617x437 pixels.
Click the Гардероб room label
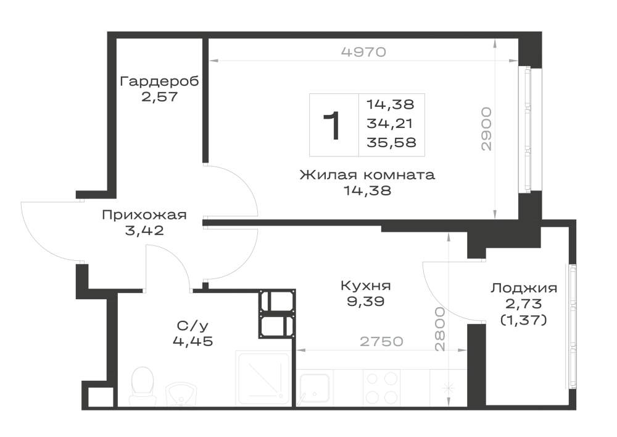coord(159,82)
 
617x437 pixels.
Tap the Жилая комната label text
coord(367,174)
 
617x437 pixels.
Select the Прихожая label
coord(144,215)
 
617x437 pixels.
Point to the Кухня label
coord(365,286)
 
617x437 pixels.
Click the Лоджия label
coord(524,288)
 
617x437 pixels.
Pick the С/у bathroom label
coord(193,326)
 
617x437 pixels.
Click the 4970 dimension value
coord(363,52)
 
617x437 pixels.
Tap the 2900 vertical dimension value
coord(487,129)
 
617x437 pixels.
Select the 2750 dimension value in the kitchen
coord(382,341)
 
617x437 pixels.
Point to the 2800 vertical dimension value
coord(440,329)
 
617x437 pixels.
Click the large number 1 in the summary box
coord(332,125)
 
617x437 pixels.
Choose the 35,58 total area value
coord(391,142)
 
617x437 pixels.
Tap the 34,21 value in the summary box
coord(389,124)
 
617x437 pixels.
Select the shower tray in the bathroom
coord(263,378)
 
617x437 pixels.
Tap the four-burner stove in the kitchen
coord(382,388)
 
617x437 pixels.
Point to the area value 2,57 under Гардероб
coord(159,97)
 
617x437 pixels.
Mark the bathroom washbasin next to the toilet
coord(181,394)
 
